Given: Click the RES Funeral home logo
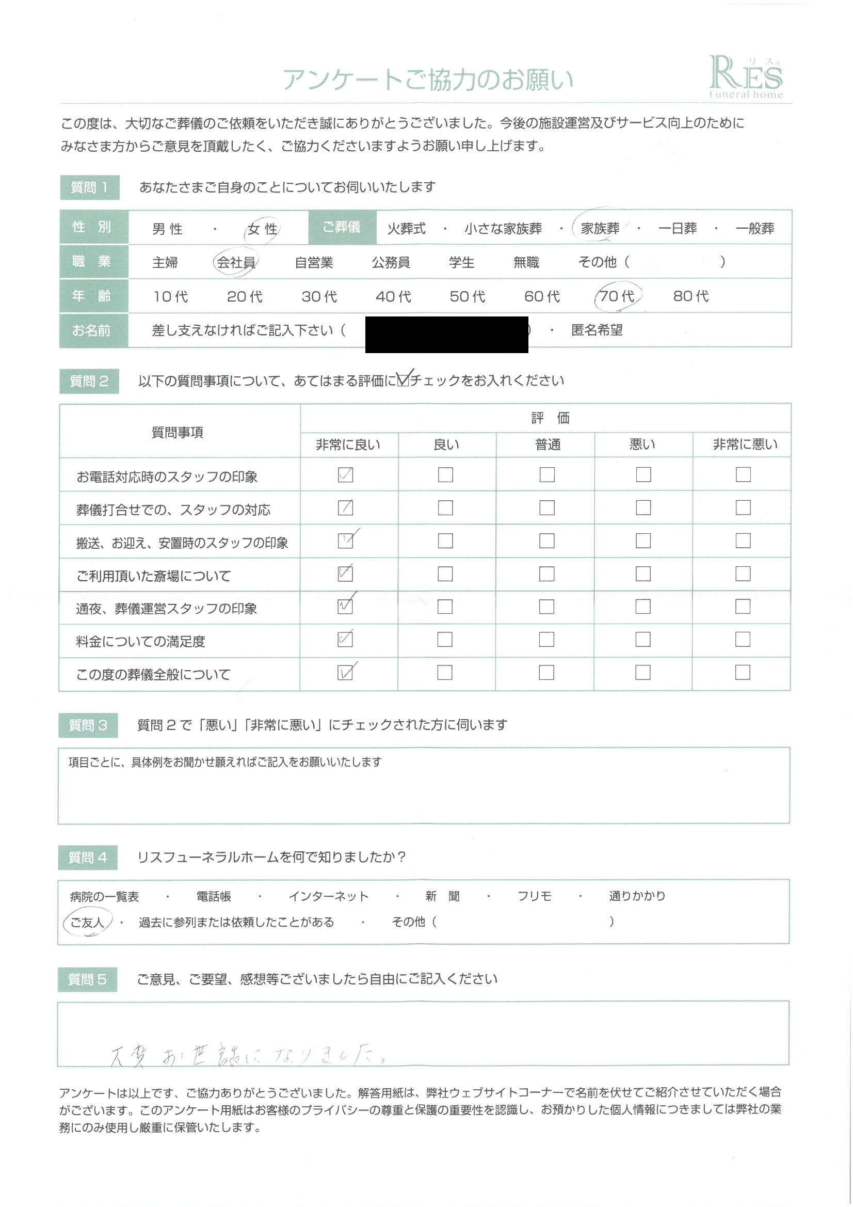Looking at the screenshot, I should click(x=745, y=78).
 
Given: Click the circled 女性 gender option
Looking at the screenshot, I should click(x=263, y=229).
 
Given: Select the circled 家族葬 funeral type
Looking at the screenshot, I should click(x=600, y=228).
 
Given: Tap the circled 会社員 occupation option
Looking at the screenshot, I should click(x=236, y=262).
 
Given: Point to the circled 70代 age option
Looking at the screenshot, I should click(x=617, y=296).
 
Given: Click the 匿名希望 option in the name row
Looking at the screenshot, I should click(x=597, y=330).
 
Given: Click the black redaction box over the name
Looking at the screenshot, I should click(x=446, y=335).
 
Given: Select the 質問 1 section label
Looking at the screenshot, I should click(x=89, y=187).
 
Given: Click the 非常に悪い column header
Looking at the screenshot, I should click(x=745, y=444).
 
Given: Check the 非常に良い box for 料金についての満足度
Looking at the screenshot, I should click(x=345, y=640).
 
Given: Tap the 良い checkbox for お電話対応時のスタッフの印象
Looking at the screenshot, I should click(x=445, y=475).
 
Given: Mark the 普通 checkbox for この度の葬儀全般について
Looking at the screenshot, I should click(x=546, y=672).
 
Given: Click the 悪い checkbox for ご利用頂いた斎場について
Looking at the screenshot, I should click(x=643, y=574).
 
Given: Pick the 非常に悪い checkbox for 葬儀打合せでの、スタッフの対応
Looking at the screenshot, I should click(x=743, y=508).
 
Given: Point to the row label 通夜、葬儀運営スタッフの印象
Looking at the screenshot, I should click(x=167, y=609).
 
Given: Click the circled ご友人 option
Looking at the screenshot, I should click(x=87, y=923).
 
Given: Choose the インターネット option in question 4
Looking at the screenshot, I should click(x=329, y=896).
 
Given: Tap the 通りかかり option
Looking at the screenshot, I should click(x=637, y=896).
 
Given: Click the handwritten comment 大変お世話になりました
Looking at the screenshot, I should click(x=247, y=1055).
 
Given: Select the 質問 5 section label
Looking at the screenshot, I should click(x=87, y=979).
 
